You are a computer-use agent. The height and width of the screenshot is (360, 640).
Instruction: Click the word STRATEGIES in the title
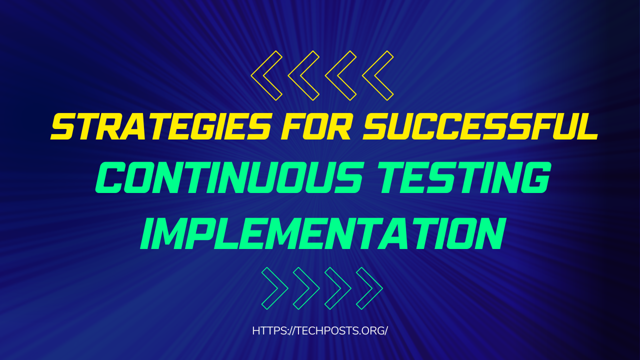pos(160,126)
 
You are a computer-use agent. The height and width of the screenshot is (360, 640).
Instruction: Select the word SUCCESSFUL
pos(480,126)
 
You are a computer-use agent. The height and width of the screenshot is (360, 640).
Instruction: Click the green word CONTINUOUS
pos(229,177)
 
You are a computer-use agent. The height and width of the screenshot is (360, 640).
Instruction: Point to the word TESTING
pos(464,177)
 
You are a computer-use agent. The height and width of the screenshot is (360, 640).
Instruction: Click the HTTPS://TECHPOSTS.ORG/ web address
pos(320,330)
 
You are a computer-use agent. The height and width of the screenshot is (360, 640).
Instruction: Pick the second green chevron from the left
pos(313,288)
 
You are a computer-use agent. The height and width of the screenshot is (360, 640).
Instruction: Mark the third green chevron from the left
pos(345,288)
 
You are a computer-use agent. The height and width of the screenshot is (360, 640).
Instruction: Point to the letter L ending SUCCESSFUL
pos(586,126)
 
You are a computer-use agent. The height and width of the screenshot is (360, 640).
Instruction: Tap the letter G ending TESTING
pos(535,177)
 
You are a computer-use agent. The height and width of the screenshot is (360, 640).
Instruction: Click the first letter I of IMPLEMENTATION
pos(147,233)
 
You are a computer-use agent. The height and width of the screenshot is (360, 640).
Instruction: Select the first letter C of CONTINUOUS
pos(109,177)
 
